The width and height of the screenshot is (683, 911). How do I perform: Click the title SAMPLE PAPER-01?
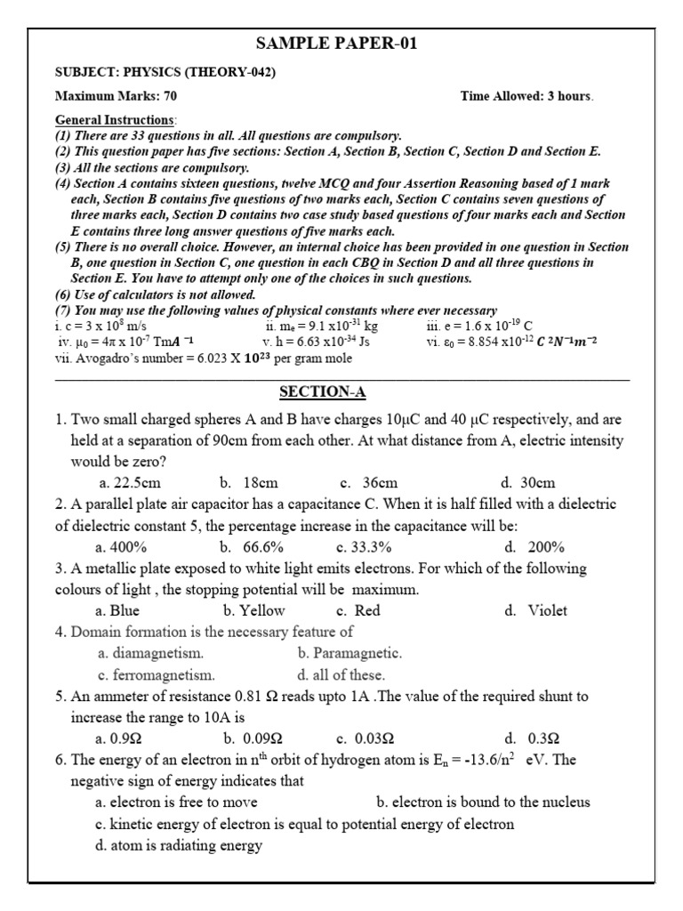(336, 44)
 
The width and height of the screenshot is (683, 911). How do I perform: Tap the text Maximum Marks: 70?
(109, 96)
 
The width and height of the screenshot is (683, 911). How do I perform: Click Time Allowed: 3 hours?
(526, 96)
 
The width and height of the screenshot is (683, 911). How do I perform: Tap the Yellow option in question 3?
(254, 610)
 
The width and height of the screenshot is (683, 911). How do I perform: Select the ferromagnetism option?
(157, 674)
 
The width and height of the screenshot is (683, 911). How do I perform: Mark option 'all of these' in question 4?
(341, 674)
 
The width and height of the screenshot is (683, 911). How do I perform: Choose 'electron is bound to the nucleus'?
(483, 802)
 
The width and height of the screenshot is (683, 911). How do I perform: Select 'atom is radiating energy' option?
(178, 845)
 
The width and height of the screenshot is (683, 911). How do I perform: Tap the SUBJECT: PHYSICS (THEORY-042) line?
(165, 72)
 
